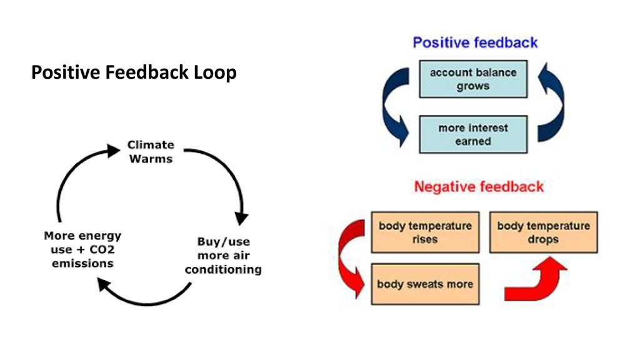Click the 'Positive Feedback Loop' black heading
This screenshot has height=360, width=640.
click(x=134, y=72)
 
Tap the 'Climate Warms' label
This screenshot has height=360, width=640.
click(x=151, y=152)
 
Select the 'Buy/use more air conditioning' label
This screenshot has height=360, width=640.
click(x=223, y=256)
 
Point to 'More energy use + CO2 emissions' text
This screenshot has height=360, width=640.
click(x=82, y=249)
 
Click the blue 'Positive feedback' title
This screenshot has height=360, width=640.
click(x=475, y=42)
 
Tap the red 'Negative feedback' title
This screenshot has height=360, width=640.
click(x=479, y=187)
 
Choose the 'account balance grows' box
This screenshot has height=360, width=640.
click(x=473, y=79)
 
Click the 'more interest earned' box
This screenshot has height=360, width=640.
click(x=473, y=134)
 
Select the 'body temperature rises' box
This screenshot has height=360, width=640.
click(x=425, y=232)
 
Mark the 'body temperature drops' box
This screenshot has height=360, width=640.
click(x=543, y=232)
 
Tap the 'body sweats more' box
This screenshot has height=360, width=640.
click(x=425, y=284)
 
